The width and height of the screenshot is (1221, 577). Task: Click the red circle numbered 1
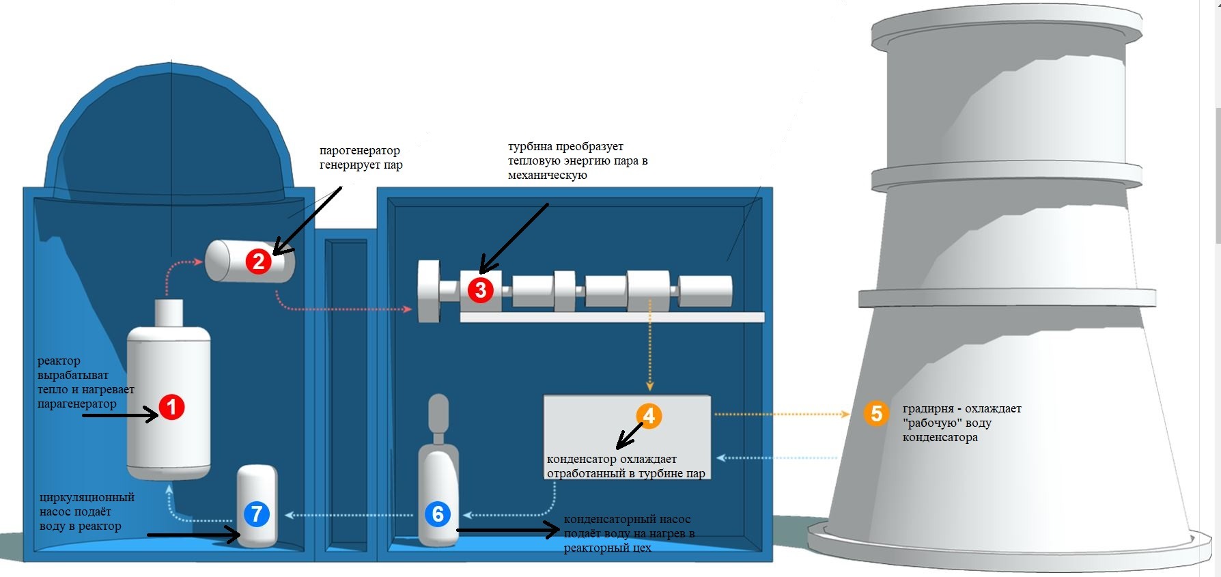point(171,407)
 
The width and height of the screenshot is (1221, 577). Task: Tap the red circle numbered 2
point(258,261)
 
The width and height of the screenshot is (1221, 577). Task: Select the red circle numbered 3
point(481,290)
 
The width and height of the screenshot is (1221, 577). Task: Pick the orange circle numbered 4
point(649,415)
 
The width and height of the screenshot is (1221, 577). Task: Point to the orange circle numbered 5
point(876,413)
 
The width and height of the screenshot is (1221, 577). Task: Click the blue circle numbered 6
point(438,513)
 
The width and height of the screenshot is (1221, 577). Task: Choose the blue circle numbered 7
point(257,513)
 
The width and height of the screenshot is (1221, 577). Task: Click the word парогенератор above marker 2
point(360,150)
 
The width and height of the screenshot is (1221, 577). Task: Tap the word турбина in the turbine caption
point(530,146)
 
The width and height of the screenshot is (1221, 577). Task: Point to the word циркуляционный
point(87,497)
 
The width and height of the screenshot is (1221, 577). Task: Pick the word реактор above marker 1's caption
point(59,361)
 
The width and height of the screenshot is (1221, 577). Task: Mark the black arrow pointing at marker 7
point(194,535)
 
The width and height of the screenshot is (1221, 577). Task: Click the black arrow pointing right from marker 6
point(508,530)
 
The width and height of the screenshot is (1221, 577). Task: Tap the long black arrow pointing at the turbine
point(514,237)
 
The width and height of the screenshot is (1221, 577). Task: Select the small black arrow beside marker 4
point(630,434)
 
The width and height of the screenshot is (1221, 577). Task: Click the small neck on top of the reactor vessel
point(169,313)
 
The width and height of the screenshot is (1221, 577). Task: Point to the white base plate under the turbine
point(612,317)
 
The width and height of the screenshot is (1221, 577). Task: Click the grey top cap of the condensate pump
point(438,409)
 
